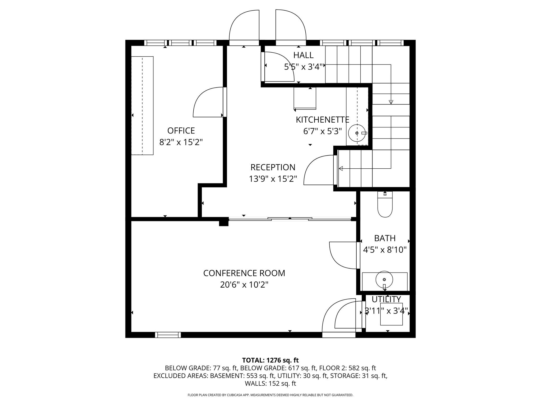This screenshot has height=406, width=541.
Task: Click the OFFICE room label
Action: click(181, 131)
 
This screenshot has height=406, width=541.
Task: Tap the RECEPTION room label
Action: click(273, 167)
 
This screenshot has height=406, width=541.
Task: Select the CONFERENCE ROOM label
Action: click(244, 273)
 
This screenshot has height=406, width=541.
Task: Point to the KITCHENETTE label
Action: click(323, 120)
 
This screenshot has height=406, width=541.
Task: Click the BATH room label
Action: click(385, 238)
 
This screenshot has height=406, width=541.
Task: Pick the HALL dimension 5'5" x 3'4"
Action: click(304, 67)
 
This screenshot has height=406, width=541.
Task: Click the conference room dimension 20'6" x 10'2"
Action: click(244, 285)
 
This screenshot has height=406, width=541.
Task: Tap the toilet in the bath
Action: click(385, 204)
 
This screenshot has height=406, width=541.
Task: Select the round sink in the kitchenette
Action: click(357, 133)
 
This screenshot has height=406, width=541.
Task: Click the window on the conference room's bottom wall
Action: click(168, 335)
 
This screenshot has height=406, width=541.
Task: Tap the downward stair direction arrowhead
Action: click(391, 102)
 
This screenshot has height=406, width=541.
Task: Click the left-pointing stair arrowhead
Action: click(341, 168)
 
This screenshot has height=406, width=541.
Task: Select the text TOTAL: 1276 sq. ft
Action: click(270, 360)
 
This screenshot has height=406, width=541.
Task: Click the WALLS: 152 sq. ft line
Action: click(270, 384)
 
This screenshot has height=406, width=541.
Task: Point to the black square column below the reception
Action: click(224, 222)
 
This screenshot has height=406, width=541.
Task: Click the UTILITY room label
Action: click(386, 299)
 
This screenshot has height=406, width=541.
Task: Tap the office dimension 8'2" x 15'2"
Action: click(181, 142)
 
